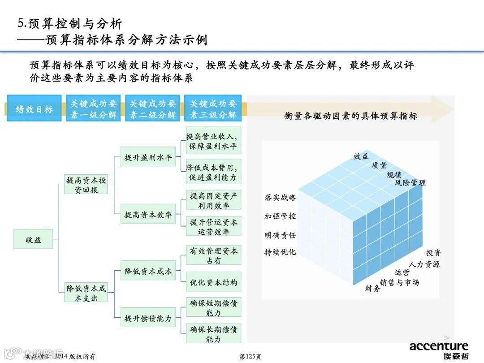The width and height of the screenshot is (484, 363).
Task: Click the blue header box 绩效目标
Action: [x=34, y=108]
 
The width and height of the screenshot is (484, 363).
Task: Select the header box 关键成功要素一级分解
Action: [x=93, y=108]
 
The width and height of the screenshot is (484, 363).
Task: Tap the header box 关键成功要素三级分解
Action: [x=213, y=108]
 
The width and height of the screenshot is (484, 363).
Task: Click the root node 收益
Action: [x=33, y=240]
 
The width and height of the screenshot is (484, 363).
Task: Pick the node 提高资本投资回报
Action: [x=86, y=185]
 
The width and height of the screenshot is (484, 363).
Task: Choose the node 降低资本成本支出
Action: [x=86, y=293]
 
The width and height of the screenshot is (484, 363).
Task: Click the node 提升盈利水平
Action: [x=148, y=158]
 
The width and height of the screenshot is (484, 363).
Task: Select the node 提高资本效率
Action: [x=148, y=215]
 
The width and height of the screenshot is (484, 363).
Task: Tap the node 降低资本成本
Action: [x=148, y=272]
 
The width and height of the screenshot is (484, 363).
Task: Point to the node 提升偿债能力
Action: [x=148, y=319]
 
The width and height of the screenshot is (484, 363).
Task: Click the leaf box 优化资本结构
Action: [x=213, y=283]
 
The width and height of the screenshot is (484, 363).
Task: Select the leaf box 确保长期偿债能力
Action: [x=213, y=334]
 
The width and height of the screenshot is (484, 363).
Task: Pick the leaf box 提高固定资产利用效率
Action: [x=213, y=200]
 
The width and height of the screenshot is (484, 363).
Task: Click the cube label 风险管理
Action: [x=410, y=183]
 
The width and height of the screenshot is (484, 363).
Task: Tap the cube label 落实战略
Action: [x=280, y=198]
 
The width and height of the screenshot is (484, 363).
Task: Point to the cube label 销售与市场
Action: [x=399, y=282]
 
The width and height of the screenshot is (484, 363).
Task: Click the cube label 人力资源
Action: [x=424, y=264]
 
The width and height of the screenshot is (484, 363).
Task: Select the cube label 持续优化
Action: [x=280, y=252]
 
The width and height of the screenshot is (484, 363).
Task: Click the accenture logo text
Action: [x=438, y=346]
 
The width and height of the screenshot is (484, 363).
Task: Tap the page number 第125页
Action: [x=250, y=357]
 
